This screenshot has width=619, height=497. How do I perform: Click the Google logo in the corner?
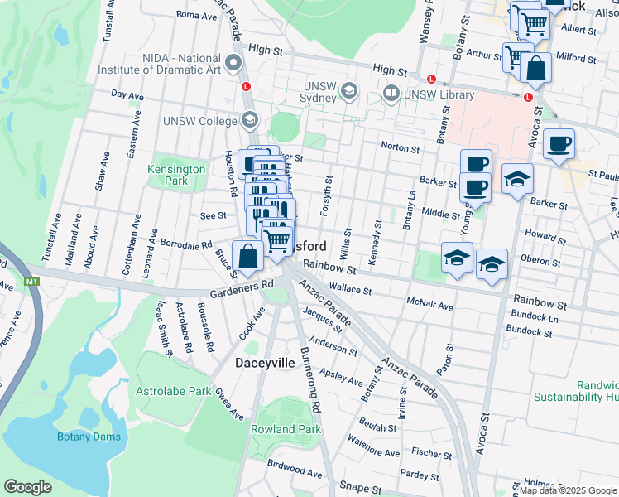[x=28, y=486]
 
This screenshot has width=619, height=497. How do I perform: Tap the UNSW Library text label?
[x=439, y=94]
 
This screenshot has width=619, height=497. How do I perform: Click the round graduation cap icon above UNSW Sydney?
[x=349, y=90]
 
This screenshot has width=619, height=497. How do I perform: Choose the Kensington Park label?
[x=175, y=175]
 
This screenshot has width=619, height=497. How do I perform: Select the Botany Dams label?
[x=89, y=437]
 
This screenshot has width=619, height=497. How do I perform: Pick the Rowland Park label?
[x=286, y=429]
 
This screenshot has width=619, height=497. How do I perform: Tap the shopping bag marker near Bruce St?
[x=247, y=256]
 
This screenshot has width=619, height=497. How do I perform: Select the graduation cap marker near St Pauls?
[x=517, y=179]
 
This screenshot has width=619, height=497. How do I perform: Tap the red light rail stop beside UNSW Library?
[x=431, y=79]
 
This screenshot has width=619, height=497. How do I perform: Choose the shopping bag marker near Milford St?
[x=535, y=70]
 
